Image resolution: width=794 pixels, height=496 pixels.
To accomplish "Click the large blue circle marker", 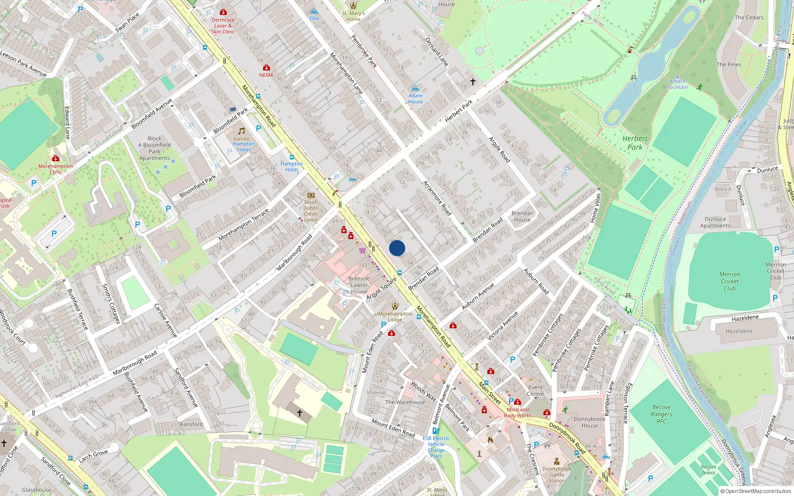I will pyautogui.click(x=397, y=248).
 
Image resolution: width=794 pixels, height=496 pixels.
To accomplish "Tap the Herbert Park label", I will pyautogui.click(x=635, y=143).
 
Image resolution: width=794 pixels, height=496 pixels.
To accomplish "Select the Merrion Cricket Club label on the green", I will pyautogui.click(x=729, y=281).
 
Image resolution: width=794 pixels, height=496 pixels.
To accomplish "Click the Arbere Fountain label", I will pyautogui.click(x=677, y=84).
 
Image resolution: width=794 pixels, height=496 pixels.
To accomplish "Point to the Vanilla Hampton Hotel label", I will pyautogui.click(x=243, y=144).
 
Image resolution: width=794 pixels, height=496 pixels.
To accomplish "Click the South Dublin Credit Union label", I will pyautogui.click(x=311, y=211).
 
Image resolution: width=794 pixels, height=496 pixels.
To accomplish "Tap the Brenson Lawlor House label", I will pyautogui.click(x=359, y=285).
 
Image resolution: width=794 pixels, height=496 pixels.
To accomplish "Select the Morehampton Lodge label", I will pyautogui.click(x=395, y=316).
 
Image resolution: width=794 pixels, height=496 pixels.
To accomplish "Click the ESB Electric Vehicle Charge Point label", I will pyautogui.click(x=436, y=447).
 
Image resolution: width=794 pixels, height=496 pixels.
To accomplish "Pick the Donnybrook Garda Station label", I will pyautogui.click(x=557, y=474).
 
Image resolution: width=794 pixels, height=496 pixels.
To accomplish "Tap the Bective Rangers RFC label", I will pyautogui.click(x=662, y=414).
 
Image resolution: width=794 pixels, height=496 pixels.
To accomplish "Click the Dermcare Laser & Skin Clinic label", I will pyautogui.click(x=223, y=26).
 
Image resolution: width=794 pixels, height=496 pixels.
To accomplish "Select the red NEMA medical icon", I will pyautogui.click(x=266, y=67).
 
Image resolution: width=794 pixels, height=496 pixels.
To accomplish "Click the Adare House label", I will pyautogui.click(x=415, y=99).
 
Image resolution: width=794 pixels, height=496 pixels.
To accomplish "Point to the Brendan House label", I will pyautogui.click(x=523, y=216).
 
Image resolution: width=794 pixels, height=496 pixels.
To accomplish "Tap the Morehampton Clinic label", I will pyautogui.click(x=56, y=169).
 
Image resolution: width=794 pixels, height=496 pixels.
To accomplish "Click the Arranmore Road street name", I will pyautogui.click(x=437, y=198).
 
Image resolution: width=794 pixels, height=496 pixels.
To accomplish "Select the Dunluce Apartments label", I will pyautogui.click(x=715, y=222).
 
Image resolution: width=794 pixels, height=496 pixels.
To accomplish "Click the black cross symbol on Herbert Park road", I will pyautogui.click(x=473, y=82).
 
